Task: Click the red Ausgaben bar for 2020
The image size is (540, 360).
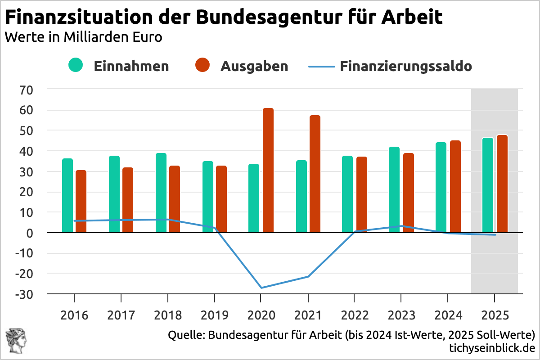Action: coord(268,171)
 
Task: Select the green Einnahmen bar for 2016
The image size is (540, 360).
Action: coord(67,196)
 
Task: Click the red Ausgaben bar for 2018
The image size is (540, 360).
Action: coord(175,199)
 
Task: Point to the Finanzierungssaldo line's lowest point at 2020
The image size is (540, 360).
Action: coord(261,288)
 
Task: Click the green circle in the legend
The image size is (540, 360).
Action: coord(76,65)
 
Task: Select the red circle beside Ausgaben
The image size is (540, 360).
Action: coord(203,65)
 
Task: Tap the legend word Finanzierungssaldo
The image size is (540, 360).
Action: coord(405,66)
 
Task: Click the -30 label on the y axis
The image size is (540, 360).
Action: coord(24,294)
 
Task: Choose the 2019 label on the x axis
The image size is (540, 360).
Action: coord(214,315)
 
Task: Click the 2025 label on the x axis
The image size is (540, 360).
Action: coord(495,315)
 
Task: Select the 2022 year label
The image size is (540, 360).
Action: coord(355,315)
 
